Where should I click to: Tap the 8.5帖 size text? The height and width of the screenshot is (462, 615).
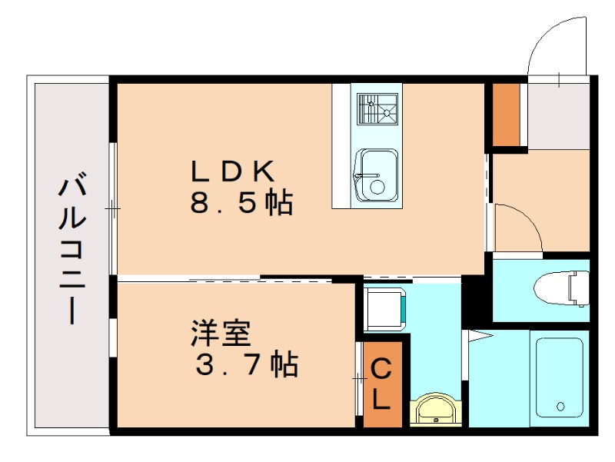(241, 203)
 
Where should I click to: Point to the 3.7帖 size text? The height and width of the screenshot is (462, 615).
(246, 365)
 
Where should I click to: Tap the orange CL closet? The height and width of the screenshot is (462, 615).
(381, 384)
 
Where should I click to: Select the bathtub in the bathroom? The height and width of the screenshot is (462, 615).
(559, 377)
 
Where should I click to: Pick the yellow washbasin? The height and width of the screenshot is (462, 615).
(436, 410)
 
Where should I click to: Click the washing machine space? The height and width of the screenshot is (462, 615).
(384, 308)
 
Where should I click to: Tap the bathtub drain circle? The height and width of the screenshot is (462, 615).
(560, 406)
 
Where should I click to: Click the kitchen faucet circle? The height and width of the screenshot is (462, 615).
(376, 187)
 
